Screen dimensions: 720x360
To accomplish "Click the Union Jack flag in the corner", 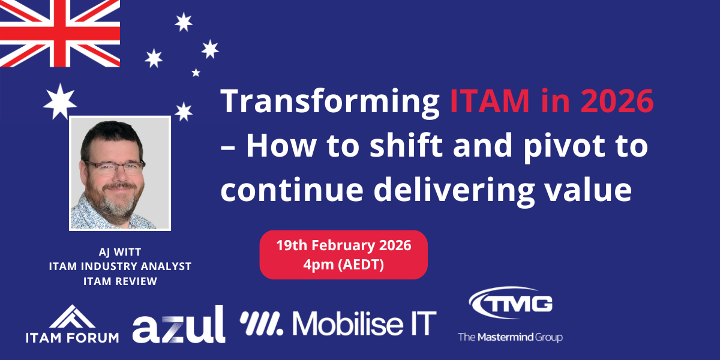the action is point(60,33).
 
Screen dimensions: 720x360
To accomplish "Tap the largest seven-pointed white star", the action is point(60,101).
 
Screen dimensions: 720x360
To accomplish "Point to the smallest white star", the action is point(196,73).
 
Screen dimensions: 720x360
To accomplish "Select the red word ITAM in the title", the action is point(490,101).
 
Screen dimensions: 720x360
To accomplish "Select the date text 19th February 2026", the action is point(344,245).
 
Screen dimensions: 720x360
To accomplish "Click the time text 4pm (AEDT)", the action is point(344,265).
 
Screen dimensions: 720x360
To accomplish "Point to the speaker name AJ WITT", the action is point(120,252).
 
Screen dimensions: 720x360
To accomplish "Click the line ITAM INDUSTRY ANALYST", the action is point(120,266).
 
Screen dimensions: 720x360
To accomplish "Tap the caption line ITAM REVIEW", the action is point(120,281).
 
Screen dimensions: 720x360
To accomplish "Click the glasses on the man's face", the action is point(115,167).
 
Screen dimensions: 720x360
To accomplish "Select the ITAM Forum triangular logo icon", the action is point(73,317).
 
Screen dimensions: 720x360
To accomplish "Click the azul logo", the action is point(179,325).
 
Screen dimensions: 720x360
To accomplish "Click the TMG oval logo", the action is point(511,302).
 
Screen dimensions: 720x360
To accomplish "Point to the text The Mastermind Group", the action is point(510,337).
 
